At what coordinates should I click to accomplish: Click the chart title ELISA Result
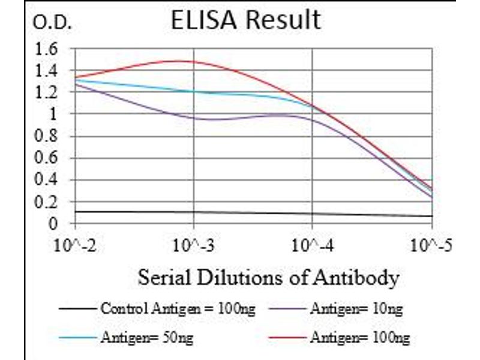point(245,20)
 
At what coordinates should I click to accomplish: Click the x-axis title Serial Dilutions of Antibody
point(268,277)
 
